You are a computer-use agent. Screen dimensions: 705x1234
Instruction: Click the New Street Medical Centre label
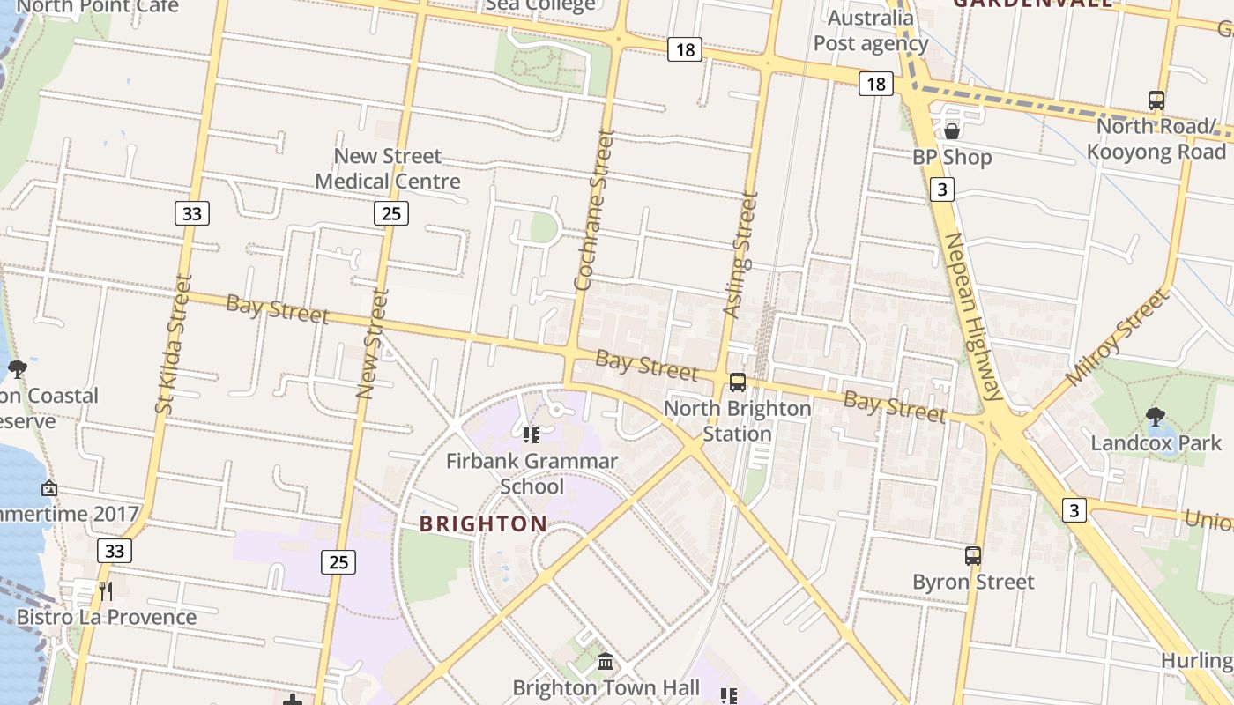[x=388, y=168]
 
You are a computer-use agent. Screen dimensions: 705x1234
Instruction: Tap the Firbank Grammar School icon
[x=531, y=434]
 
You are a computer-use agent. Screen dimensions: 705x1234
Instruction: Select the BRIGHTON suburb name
[x=483, y=524]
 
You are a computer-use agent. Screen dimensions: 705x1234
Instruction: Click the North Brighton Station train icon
[x=737, y=382]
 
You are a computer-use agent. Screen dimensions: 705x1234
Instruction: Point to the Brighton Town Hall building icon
[x=606, y=661]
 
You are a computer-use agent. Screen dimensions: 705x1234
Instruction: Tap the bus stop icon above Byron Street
[x=973, y=556]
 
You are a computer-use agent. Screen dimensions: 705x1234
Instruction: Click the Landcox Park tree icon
[x=1155, y=416]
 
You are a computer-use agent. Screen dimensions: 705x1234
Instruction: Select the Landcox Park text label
[x=1156, y=442]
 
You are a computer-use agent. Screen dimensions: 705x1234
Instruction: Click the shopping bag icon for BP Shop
[x=952, y=131]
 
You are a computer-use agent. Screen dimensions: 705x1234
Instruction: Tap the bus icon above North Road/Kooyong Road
[x=1156, y=100]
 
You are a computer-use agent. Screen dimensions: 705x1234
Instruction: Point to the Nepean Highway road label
[x=975, y=316]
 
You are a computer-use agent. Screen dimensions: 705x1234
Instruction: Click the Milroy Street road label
[x=1116, y=338]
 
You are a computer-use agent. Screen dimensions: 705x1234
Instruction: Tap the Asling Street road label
[x=740, y=256]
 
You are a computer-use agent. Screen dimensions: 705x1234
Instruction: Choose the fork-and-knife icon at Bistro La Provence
[x=105, y=590]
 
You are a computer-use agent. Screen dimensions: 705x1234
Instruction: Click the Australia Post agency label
[x=871, y=31]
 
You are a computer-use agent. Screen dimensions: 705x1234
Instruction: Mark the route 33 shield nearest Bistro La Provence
[x=114, y=551]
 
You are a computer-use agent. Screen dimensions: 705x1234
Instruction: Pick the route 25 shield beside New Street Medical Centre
[x=390, y=212]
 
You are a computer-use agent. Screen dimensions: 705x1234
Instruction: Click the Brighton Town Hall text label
[x=606, y=687]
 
